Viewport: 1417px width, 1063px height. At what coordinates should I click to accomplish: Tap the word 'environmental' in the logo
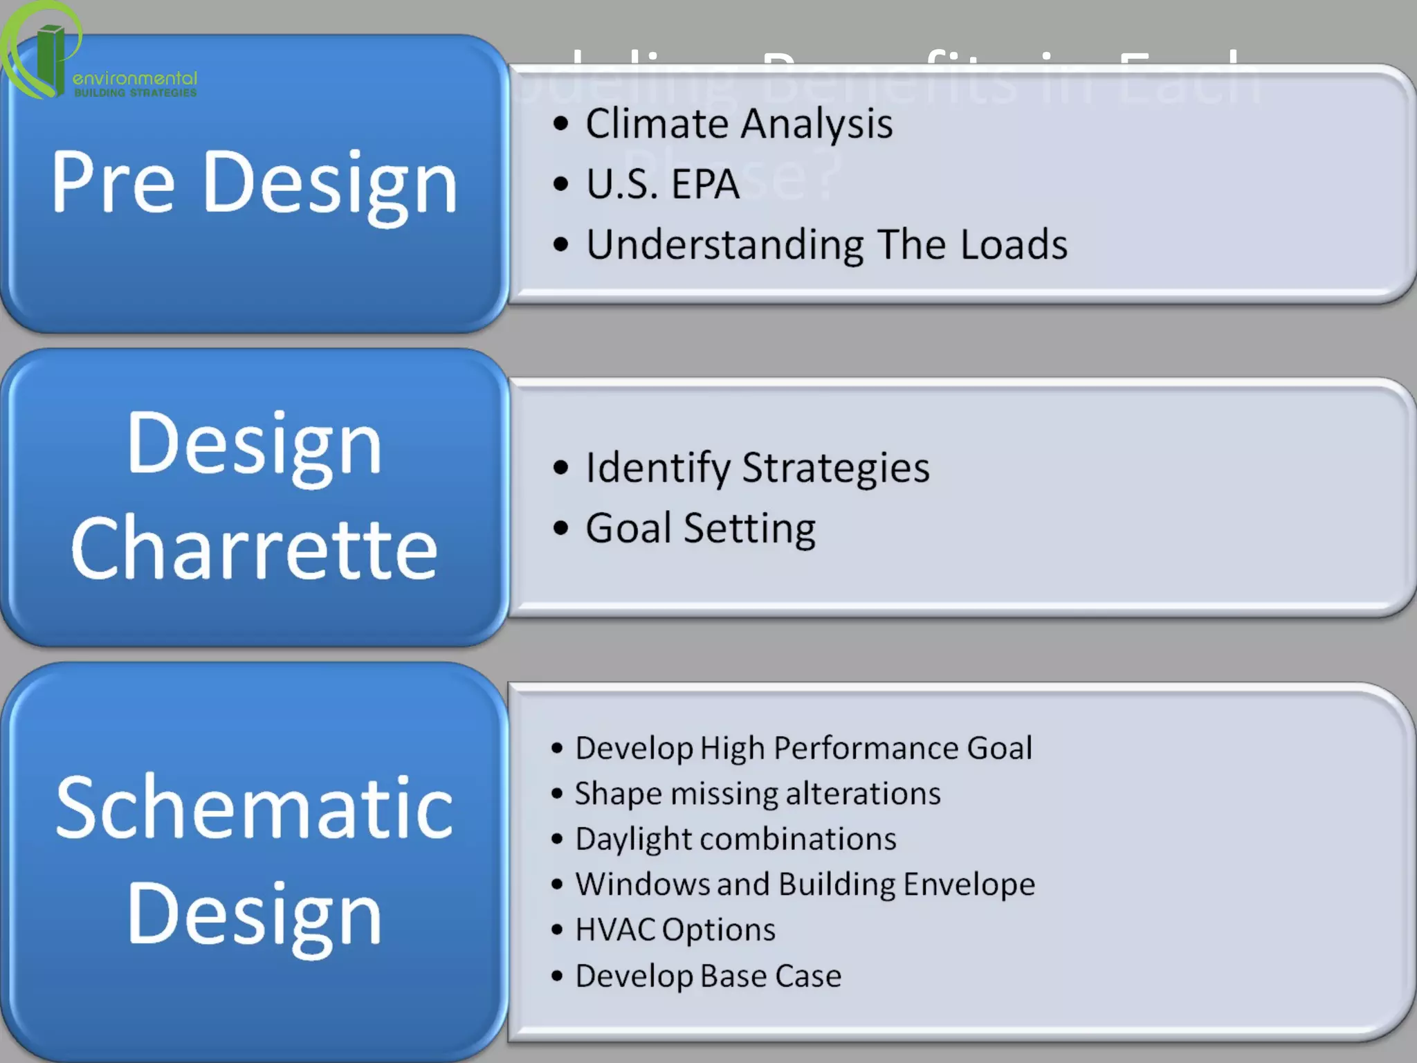(135, 78)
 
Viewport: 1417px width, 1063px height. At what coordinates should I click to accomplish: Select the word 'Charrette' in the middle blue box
(254, 549)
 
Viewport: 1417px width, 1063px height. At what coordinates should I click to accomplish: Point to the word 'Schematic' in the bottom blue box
(254, 808)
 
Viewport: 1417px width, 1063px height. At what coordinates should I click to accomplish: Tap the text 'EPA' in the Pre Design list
(705, 184)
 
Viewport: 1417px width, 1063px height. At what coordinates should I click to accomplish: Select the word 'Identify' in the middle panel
(657, 469)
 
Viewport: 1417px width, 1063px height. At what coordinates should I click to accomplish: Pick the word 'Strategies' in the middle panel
(835, 469)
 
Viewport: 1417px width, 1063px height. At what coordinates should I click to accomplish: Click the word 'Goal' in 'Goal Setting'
(628, 528)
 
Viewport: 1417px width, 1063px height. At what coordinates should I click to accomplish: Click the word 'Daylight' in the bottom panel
(632, 839)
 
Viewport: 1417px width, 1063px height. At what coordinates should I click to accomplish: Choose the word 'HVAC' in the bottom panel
(615, 929)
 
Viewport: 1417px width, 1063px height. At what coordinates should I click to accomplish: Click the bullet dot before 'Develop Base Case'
(558, 976)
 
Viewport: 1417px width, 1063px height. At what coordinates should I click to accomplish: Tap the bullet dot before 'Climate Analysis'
(561, 124)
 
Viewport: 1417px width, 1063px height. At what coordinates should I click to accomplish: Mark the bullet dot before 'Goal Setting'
(561, 528)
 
